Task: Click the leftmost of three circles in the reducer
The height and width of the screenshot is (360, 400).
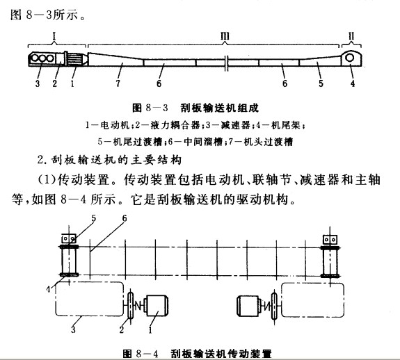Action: coord(33,60)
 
